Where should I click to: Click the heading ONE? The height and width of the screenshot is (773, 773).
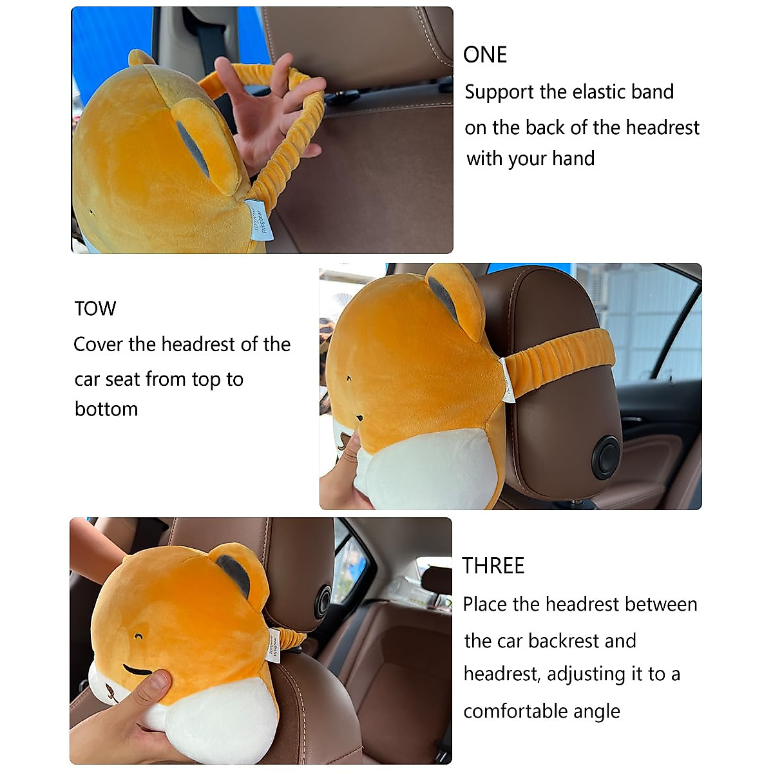tap(485, 55)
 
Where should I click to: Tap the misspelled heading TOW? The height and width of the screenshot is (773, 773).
tap(95, 309)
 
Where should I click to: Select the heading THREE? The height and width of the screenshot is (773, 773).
tap(493, 566)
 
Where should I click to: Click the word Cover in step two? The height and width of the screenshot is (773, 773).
tap(98, 344)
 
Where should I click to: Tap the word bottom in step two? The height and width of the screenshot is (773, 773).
tap(106, 409)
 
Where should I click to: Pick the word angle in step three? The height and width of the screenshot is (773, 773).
tap(598, 711)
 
